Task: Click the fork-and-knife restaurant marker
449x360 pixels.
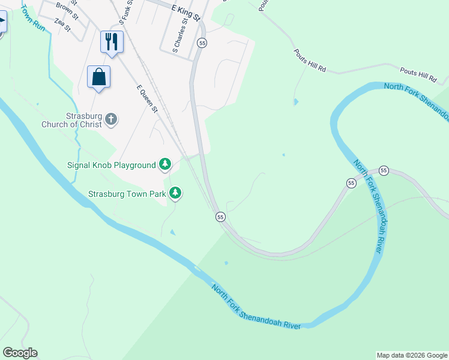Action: pyautogui.click(x=112, y=41)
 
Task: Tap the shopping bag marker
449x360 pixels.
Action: pyautogui.click(x=98, y=77)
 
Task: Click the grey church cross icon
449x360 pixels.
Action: pyautogui.click(x=111, y=119)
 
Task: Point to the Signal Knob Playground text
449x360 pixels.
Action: pyautogui.click(x=113, y=165)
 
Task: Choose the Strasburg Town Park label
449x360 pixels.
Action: pyautogui.click(x=127, y=194)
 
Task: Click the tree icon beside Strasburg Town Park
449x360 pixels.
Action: pyautogui.click(x=175, y=193)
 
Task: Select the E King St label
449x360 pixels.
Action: pyautogui.click(x=185, y=10)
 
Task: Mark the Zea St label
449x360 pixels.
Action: pyautogui.click(x=62, y=25)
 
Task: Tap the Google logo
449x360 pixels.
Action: pyautogui.click(x=20, y=353)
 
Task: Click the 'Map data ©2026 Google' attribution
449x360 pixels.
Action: pyautogui.click(x=412, y=355)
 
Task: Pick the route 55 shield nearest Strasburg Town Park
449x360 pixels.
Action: pyautogui.click(x=220, y=217)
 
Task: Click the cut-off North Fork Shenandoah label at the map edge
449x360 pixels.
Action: pyautogui.click(x=416, y=99)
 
